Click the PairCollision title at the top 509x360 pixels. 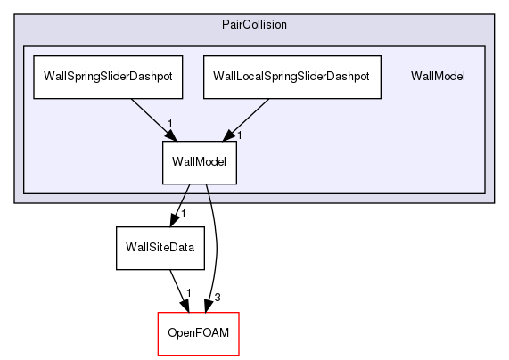pyautogui.click(x=253, y=23)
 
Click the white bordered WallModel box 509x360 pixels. pyautogui.click(x=199, y=162)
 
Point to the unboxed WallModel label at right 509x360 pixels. pyautogui.click(x=438, y=76)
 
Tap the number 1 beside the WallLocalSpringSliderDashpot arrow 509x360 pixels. pyautogui.click(x=239, y=135)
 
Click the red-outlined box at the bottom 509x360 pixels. pyautogui.click(x=199, y=332)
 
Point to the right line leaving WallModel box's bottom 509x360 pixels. pyautogui.click(x=209, y=193)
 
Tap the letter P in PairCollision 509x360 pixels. pyautogui.click(x=225, y=23)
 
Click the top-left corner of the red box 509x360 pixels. pyautogui.click(x=158, y=313)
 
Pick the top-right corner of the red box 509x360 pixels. pyautogui.click(x=239, y=313)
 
